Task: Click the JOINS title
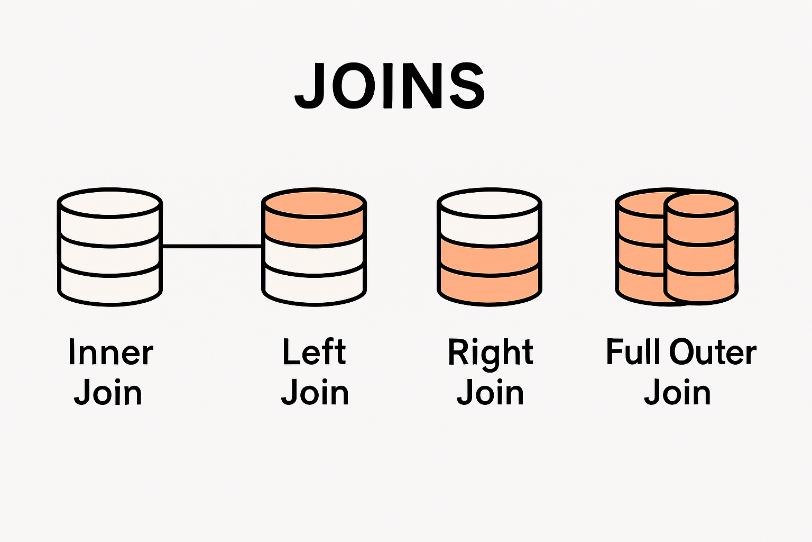pos(390,86)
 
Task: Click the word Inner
pos(110,353)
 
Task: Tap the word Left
pos(314,353)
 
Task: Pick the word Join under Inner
pos(108,393)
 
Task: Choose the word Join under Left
pos(315,393)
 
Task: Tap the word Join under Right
pos(490,393)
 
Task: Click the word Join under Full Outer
pos(677,393)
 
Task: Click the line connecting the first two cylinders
pos(211,246)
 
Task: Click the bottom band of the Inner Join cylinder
pos(110,286)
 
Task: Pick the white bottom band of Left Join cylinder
pos(314,286)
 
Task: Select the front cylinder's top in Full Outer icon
pos(700,205)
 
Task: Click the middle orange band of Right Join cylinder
pos(490,257)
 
